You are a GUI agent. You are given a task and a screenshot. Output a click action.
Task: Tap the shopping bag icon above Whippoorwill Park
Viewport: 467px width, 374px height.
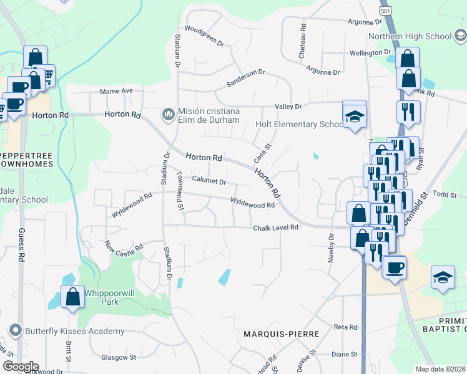[72, 297]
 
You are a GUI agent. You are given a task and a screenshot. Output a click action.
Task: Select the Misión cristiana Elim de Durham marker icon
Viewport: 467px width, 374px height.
[168, 114]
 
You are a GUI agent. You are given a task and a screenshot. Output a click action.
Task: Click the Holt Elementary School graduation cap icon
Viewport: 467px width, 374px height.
[354, 115]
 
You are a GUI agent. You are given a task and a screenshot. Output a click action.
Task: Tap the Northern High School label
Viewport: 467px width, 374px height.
[410, 36]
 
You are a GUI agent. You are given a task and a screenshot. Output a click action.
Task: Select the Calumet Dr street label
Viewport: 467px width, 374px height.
[209, 181]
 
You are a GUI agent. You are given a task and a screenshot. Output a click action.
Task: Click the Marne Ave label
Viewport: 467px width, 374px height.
[117, 91]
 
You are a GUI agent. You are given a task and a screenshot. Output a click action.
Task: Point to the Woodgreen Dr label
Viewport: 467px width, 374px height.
[204, 36]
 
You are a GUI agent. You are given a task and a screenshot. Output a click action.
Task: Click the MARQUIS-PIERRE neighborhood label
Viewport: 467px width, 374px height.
[281, 334]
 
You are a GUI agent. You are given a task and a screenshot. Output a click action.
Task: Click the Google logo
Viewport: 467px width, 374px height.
[21, 367]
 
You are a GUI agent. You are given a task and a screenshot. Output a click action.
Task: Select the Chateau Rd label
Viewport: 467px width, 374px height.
[303, 42]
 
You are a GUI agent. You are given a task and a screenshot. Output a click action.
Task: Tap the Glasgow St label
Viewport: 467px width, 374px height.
[118, 357]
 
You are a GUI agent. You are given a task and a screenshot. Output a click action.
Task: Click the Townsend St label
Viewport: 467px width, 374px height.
[180, 190]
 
